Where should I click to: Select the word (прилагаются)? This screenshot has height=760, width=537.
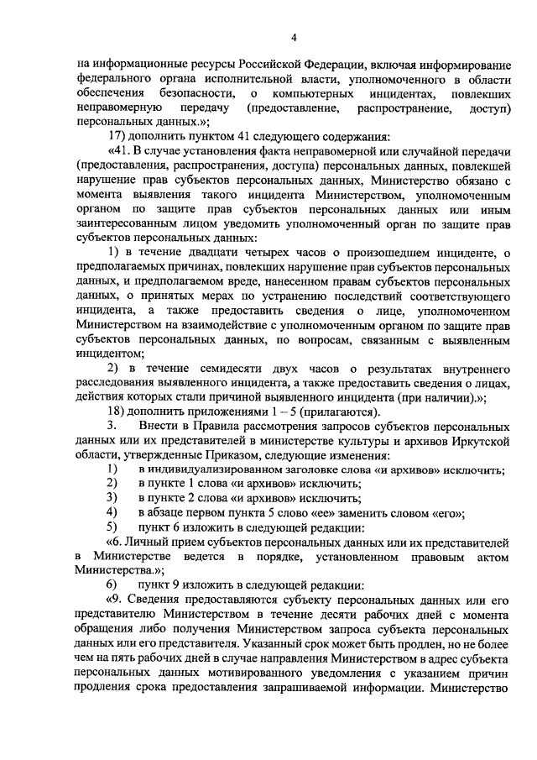(x=345, y=411)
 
